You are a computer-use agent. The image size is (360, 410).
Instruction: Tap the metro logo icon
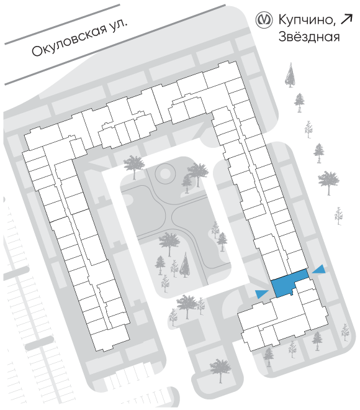pos(264,20)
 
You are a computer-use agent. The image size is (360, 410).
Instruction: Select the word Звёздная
pos(309,37)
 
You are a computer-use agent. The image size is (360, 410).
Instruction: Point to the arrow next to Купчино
pos(347,20)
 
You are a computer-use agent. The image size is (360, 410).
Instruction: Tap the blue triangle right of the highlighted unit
pos(319,270)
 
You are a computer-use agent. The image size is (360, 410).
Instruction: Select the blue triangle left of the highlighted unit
pos(262,294)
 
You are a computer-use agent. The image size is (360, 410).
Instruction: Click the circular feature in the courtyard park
pos(164,173)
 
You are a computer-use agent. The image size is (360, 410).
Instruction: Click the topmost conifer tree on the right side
pos(290,75)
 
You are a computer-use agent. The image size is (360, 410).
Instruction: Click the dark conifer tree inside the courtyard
pos(185,265)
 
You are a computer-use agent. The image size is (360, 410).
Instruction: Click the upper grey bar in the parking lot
pos(16,273)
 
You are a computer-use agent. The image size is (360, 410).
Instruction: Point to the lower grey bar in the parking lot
pos(40,343)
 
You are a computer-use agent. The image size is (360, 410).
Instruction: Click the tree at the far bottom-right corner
pos(345,332)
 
